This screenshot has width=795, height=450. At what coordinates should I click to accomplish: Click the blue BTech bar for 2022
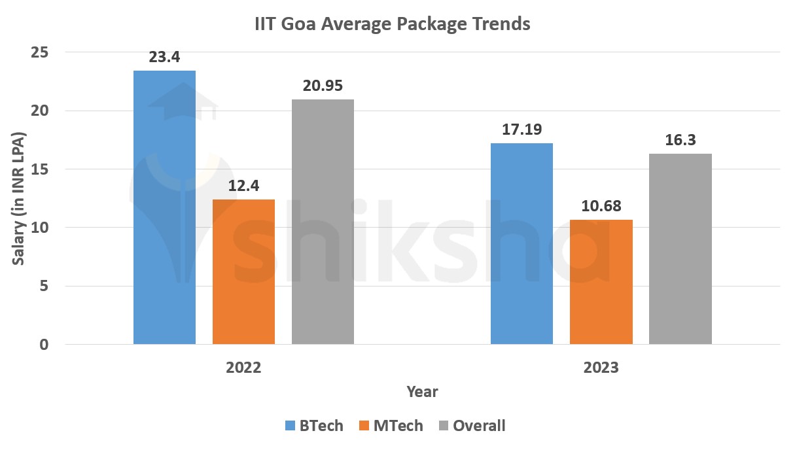(164, 207)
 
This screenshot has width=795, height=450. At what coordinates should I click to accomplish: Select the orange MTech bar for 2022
(243, 271)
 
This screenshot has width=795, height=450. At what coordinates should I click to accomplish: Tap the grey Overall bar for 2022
(323, 221)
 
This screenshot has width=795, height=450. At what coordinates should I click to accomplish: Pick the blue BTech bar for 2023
(521, 243)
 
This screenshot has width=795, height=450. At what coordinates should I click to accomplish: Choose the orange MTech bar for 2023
(601, 281)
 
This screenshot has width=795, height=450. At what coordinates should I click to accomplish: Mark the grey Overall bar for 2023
(680, 249)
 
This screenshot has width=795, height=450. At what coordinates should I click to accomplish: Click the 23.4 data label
(164, 58)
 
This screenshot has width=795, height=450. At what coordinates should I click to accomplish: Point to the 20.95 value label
(323, 86)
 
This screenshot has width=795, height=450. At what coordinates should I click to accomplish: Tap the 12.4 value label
(243, 186)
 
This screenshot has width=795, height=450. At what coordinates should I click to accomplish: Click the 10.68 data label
(601, 206)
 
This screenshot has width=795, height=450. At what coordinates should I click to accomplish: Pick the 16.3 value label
(680, 140)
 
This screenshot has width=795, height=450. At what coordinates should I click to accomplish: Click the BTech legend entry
(314, 426)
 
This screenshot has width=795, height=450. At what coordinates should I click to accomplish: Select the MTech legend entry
(391, 426)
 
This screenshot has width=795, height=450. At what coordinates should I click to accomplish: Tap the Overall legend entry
(472, 426)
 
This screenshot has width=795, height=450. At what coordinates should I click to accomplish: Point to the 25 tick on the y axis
(40, 52)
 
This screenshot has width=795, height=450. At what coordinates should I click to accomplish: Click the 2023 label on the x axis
(601, 368)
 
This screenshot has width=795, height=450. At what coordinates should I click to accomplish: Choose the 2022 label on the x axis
(243, 368)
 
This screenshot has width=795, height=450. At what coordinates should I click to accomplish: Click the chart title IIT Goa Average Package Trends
(392, 25)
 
